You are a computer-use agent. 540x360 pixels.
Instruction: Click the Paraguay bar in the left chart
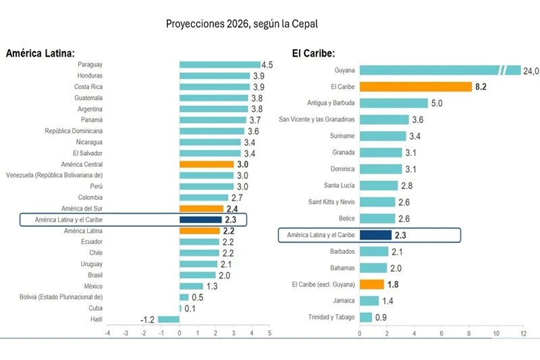[x=219, y=65]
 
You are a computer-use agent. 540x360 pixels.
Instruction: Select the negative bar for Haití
[x=169, y=319]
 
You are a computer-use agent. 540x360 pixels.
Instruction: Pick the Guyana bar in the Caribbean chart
[x=439, y=70]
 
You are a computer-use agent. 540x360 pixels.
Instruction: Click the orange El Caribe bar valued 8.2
[x=415, y=86]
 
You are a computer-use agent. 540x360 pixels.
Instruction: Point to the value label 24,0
[x=532, y=70]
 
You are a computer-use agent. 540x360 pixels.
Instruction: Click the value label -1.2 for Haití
[x=148, y=319]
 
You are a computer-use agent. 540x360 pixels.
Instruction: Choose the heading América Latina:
[x=40, y=53]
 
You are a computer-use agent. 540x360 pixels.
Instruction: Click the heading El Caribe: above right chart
[x=314, y=53]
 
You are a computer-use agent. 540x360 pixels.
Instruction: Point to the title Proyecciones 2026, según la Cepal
[x=241, y=24]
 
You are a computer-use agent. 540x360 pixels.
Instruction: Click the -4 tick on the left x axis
[x=107, y=333]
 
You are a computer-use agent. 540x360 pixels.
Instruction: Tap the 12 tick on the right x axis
[x=522, y=334]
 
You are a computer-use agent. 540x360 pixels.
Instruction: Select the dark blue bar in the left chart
[x=200, y=220]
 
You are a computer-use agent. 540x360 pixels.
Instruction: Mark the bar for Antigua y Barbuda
[x=394, y=103]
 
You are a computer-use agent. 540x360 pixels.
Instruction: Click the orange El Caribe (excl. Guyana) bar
[x=372, y=284]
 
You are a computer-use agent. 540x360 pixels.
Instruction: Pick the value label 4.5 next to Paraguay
[x=267, y=65]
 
